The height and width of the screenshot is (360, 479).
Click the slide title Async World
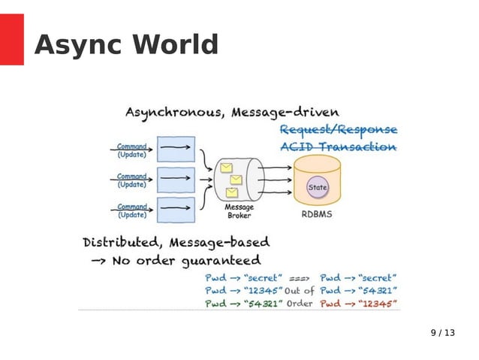(x=126, y=45)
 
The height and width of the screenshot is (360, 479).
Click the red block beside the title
(x=11, y=39)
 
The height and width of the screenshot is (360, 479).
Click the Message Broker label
(x=239, y=211)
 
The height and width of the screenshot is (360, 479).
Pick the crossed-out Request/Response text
(x=338, y=129)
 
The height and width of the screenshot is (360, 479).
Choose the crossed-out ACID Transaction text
(x=338, y=147)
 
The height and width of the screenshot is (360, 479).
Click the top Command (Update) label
(x=132, y=150)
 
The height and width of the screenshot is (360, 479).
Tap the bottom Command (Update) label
(x=132, y=211)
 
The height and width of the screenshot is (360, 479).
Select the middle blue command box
(x=176, y=180)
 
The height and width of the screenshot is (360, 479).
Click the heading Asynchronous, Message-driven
(x=226, y=112)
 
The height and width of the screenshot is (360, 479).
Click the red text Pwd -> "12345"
(x=358, y=304)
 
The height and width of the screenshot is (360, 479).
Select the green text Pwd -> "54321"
(x=243, y=304)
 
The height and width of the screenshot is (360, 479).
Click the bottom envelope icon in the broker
(x=231, y=192)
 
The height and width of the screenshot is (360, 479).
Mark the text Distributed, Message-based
(x=176, y=243)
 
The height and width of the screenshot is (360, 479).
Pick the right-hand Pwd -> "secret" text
(x=358, y=277)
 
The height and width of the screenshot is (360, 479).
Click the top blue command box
(x=176, y=149)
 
